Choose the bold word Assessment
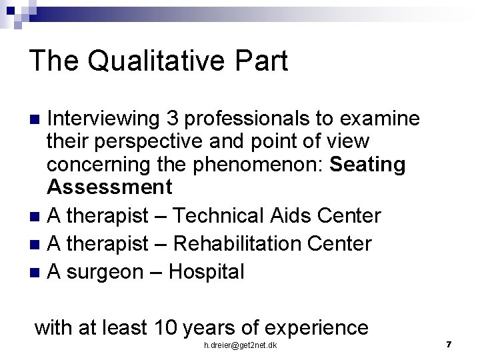pos(109,187)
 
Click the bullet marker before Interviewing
pos(37,120)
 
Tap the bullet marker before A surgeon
pos(37,273)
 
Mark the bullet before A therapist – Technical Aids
pos(37,217)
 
